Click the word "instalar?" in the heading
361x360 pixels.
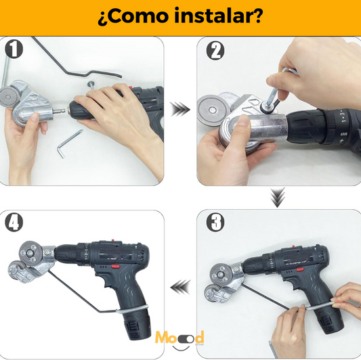(x=218, y=16)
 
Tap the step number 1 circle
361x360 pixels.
(x=14, y=49)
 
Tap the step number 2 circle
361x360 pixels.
(x=215, y=51)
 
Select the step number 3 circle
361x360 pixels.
(x=215, y=222)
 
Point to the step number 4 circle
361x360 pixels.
(x=14, y=223)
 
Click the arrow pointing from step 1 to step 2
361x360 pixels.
(x=180, y=109)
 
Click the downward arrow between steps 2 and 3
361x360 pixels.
(x=278, y=198)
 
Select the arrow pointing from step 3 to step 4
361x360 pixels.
(x=180, y=287)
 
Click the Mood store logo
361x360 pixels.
(x=179, y=340)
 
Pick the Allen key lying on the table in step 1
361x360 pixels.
(x=68, y=143)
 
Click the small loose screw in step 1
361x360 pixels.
(x=91, y=85)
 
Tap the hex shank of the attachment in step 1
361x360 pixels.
(x=59, y=111)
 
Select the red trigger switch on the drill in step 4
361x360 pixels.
(x=115, y=267)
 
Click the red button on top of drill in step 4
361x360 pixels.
(x=113, y=240)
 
